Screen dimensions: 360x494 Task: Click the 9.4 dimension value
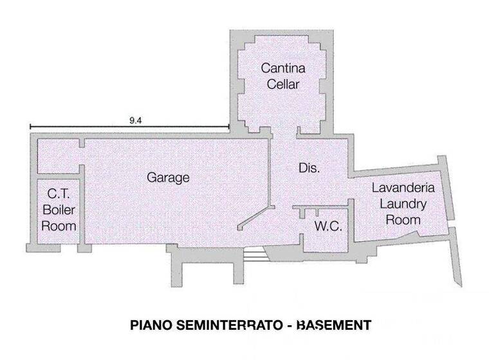[135, 120]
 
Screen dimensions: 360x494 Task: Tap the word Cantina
[282, 67]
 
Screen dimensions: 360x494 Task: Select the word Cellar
[282, 84]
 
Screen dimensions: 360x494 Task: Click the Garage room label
[168, 177]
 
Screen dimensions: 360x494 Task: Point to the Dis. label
[309, 168]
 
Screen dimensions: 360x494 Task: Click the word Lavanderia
[404, 188]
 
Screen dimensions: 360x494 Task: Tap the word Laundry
[403, 204]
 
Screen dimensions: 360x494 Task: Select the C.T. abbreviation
[59, 193]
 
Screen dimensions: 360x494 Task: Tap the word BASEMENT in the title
[334, 325]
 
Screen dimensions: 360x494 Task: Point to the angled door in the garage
[255, 217]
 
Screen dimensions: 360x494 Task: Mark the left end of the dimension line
[29, 127]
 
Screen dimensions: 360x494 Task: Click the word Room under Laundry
[403, 220]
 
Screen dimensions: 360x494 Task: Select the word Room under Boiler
[59, 226]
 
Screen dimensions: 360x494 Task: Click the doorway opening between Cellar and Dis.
[284, 132]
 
